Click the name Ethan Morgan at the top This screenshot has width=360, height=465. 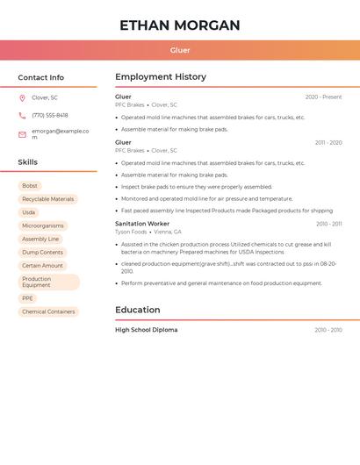coord(179,25)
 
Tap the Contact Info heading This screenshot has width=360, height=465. coord(41,77)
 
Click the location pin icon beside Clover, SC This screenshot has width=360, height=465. coord(22,97)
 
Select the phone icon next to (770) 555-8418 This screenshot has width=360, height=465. coord(22,115)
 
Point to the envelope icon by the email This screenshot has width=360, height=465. coord(22,134)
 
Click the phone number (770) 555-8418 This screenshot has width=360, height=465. coord(49,115)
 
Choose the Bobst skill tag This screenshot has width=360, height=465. coord(30,186)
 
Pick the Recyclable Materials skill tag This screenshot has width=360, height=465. coord(47,199)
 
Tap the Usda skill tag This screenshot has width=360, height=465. coord(29,212)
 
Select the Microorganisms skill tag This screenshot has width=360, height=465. coord(42,225)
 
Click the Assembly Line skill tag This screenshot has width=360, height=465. coord(40,239)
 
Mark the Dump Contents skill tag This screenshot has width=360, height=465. coord(42,252)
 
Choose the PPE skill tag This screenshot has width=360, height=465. coord(27,298)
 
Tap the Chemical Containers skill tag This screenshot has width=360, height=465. coord(48,311)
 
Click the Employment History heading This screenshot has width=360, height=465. coord(161,77)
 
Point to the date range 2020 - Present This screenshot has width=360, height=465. coord(323,97)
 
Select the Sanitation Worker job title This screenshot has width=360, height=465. coord(142,224)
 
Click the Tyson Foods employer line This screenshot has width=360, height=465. coord(148,232)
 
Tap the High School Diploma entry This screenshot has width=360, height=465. coord(146,330)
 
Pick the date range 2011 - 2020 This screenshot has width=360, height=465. coord(328,142)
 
